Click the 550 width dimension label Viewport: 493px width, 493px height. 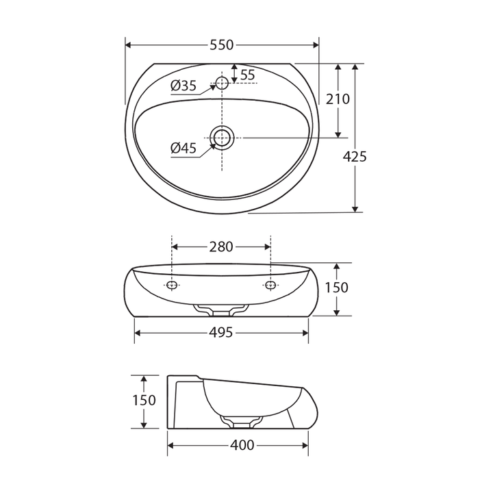pyautogui.click(x=221, y=45)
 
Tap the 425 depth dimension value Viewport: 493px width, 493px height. pyautogui.click(x=355, y=156)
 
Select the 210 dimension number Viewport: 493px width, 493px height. pyautogui.click(x=338, y=99)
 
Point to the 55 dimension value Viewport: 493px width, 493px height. pyautogui.click(x=247, y=74)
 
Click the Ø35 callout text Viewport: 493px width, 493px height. pyautogui.click(x=184, y=86)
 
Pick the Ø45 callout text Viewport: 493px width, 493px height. pyautogui.click(x=184, y=148)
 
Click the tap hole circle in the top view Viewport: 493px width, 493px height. pyautogui.click(x=222, y=83)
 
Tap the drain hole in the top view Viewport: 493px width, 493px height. pyautogui.click(x=222, y=138)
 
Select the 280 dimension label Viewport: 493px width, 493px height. pyautogui.click(x=221, y=246)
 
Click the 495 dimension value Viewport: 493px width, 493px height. pyautogui.click(x=221, y=333)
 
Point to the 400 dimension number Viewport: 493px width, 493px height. pyautogui.click(x=242, y=446)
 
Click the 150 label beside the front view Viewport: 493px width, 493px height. pyautogui.click(x=336, y=288)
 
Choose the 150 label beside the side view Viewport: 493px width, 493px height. pyautogui.click(x=144, y=401)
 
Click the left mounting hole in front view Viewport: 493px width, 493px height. pyautogui.click(x=172, y=285)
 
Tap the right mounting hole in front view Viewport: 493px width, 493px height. pyautogui.click(x=270, y=285)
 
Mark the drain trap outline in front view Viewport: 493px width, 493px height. pyautogui.click(x=221, y=310)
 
